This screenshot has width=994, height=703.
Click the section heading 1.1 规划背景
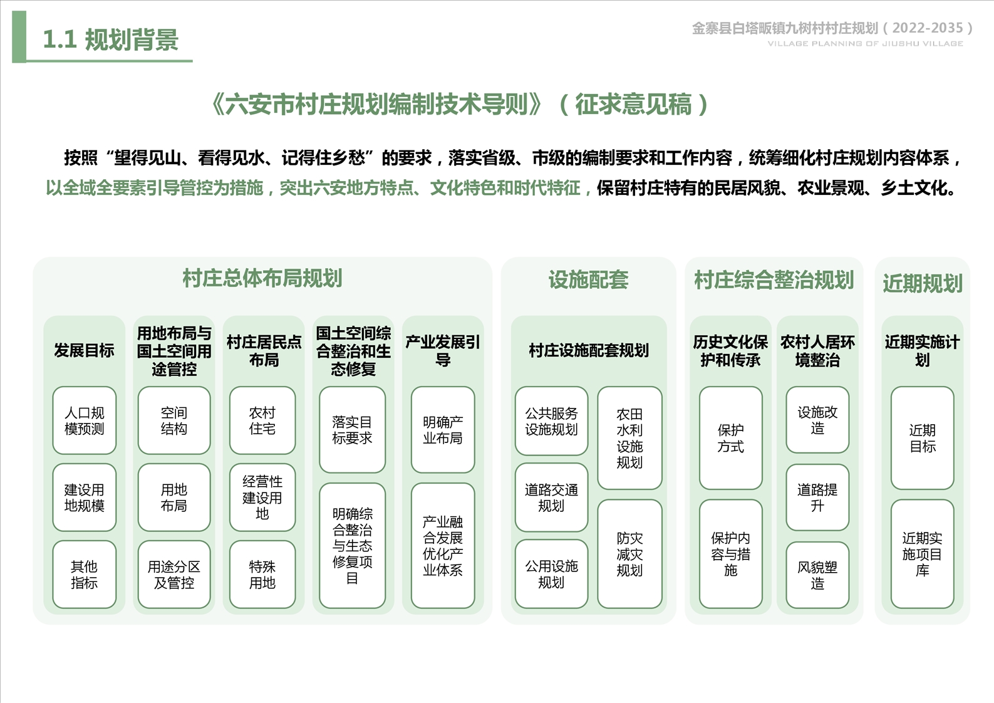110,39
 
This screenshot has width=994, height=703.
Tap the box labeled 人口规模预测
85,420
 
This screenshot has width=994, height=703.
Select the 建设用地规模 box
85,497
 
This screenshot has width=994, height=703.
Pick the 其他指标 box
85,575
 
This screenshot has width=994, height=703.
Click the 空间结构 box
174,420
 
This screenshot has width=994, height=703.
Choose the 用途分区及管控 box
174,575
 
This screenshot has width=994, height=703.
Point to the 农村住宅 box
262,420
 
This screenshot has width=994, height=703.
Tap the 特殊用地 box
262,575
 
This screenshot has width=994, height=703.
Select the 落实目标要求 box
353,430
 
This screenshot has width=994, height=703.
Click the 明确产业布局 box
443,430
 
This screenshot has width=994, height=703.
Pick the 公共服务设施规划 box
552,421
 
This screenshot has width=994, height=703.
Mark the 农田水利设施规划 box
629,438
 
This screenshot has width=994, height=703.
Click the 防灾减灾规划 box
629,554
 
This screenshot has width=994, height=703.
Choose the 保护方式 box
731,438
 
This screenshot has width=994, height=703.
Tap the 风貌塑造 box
817,575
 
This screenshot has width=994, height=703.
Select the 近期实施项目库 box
923,554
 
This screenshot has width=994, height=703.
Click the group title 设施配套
588,279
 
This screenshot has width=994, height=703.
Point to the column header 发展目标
85,351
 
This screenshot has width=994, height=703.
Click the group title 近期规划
923,283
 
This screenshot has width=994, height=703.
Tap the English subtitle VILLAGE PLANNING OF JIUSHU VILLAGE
866,43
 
